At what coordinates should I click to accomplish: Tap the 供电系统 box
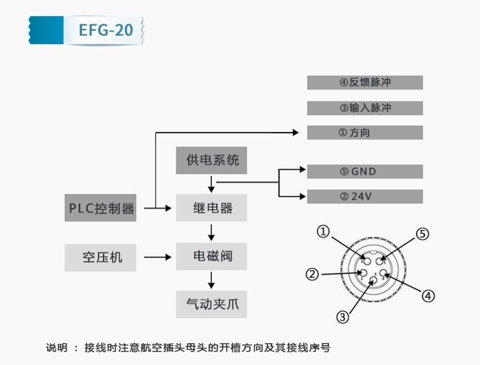click(x=212, y=160)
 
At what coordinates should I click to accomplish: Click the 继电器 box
click(x=212, y=208)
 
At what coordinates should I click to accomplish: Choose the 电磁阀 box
click(x=212, y=257)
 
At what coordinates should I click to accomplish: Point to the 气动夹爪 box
click(x=212, y=304)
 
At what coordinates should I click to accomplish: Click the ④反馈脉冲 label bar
click(x=365, y=83)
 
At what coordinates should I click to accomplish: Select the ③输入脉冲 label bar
click(x=365, y=108)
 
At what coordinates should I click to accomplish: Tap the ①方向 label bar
click(x=365, y=133)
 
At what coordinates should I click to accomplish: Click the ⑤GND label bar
click(x=365, y=172)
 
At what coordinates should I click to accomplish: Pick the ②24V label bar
click(x=365, y=197)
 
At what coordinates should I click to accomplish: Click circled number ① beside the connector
click(x=324, y=232)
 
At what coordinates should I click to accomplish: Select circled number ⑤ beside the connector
click(x=422, y=233)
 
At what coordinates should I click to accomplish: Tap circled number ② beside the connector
click(x=312, y=275)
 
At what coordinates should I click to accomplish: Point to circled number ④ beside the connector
click(x=428, y=296)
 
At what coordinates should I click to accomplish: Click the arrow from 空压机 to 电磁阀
click(x=159, y=257)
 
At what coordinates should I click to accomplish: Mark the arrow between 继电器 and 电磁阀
click(x=211, y=232)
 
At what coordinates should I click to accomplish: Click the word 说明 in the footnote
click(x=56, y=348)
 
